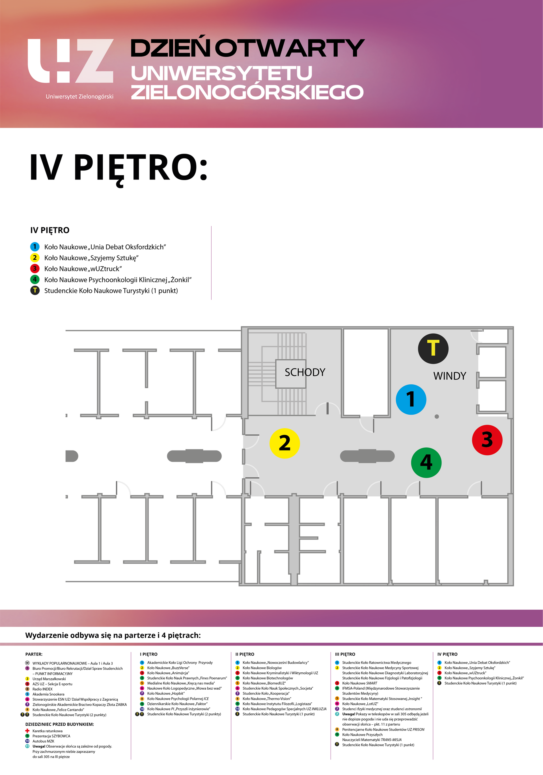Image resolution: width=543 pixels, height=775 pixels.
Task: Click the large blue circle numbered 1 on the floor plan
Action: coord(411,399)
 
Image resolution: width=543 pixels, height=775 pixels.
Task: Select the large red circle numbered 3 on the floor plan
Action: coord(487,440)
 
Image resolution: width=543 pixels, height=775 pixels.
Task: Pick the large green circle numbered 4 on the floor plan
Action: coord(426,462)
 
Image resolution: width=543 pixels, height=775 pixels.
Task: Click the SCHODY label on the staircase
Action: coord(305,372)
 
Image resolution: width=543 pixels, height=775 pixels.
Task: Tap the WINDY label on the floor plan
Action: coord(449,376)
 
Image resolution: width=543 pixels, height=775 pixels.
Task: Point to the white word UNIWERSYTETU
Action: coord(221,73)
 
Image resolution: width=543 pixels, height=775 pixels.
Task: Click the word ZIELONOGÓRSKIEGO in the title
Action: coord(247,92)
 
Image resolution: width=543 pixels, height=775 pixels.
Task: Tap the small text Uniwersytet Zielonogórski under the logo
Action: coord(79,97)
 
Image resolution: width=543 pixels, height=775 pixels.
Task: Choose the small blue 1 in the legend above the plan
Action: coord(35,246)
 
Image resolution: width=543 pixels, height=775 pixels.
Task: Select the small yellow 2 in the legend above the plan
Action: coord(35,257)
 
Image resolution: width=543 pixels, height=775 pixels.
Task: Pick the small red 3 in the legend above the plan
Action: coord(35,268)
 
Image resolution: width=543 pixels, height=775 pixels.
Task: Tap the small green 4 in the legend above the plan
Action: coord(35,279)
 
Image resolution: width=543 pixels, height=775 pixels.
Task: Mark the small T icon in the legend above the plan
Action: coord(35,290)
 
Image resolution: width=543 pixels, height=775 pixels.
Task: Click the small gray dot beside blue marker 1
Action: coord(437,417)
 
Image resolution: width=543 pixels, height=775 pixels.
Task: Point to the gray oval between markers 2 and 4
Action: coord(367,456)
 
